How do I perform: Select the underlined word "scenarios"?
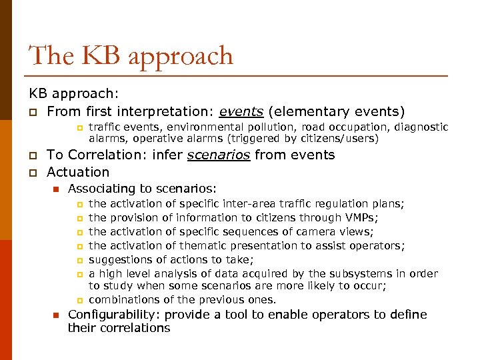coord(219,155)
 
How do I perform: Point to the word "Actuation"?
coord(78,171)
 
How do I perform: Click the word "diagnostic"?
coord(421,127)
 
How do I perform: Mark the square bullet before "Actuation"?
coord(32,172)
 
